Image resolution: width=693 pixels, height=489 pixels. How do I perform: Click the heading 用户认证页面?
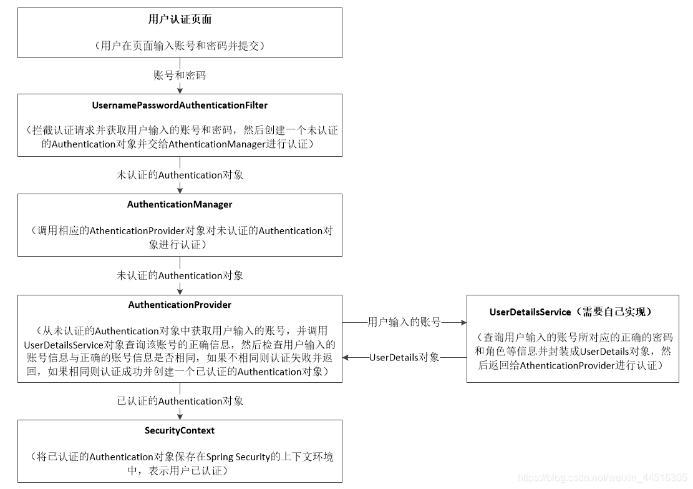(180, 19)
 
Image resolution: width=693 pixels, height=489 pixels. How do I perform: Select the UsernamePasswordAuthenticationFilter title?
(180, 105)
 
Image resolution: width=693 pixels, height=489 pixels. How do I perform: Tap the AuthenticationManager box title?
(180, 204)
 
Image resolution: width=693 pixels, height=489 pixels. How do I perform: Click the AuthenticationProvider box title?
(180, 305)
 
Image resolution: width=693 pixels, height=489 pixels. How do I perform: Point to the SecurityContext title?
(180, 430)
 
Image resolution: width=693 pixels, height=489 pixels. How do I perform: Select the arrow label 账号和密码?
(180, 76)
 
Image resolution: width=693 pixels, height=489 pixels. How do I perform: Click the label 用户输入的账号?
(404, 322)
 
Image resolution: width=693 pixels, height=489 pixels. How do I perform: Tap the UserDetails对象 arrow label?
(404, 358)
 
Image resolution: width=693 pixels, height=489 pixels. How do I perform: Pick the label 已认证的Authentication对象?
(180, 401)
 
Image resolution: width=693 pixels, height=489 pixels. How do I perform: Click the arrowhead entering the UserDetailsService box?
(463, 322)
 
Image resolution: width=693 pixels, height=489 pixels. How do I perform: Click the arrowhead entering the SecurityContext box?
(180, 416)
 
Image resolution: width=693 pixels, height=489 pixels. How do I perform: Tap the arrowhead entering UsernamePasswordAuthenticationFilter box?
(180, 91)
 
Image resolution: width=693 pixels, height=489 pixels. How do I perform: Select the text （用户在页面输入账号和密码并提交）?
(180, 45)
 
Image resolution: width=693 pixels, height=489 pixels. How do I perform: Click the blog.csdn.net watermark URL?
(602, 478)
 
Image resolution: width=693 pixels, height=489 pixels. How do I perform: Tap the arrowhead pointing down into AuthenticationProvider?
(180, 291)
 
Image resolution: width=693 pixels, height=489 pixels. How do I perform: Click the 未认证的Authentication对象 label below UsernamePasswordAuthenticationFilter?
(180, 175)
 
